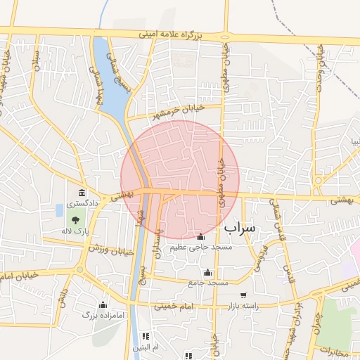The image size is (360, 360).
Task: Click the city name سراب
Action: click(243, 229)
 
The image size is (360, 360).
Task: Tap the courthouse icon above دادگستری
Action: click(83, 193)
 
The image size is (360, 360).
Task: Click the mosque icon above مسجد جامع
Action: click(207, 273)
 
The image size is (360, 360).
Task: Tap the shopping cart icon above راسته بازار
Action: click(243, 296)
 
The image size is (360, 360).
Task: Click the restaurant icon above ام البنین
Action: click(146, 336)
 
